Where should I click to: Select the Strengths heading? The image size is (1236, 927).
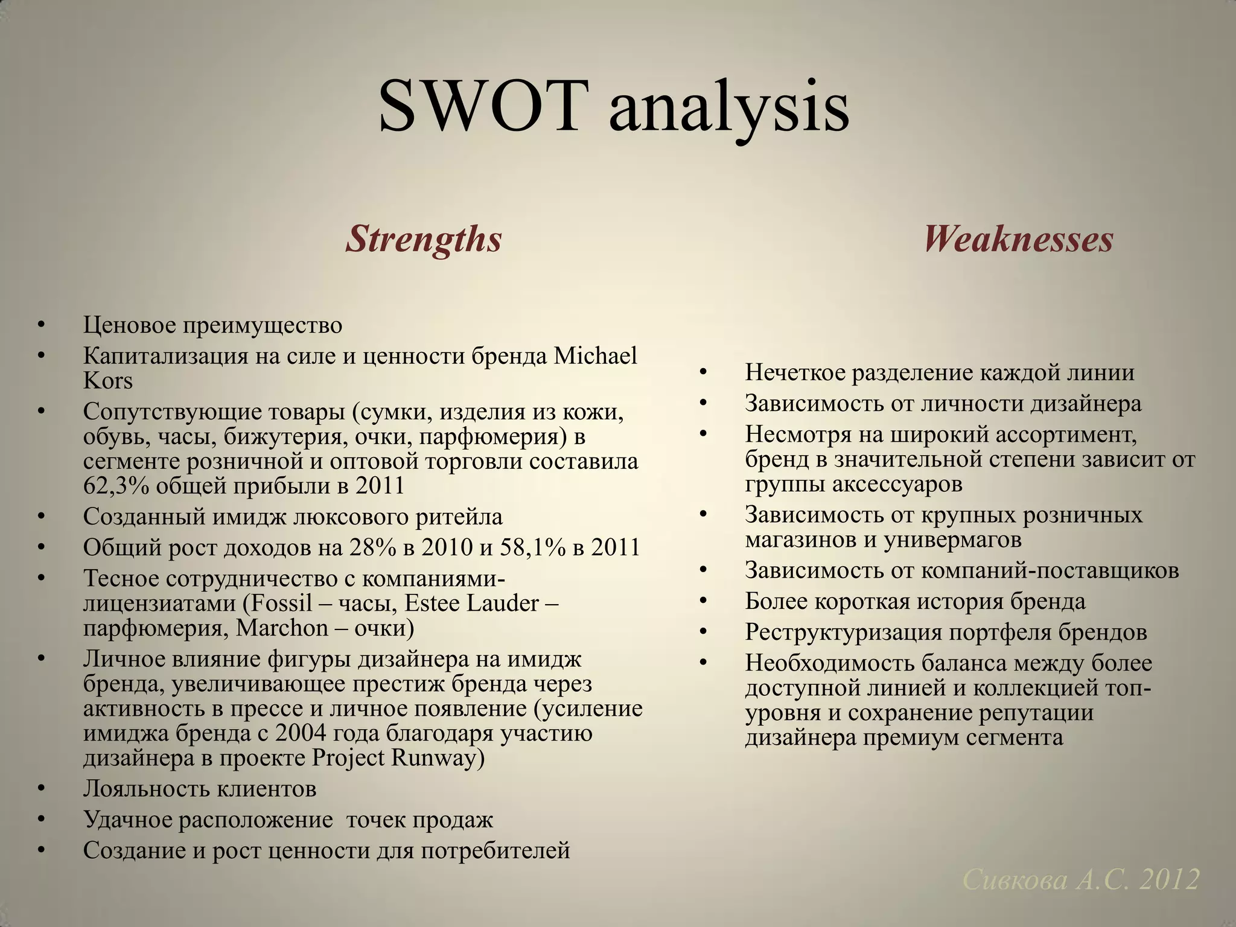424,239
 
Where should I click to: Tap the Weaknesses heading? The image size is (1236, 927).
1018,239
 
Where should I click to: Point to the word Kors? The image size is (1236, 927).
108,381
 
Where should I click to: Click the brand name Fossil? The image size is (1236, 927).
282,603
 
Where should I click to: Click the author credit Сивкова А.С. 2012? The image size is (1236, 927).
1080,880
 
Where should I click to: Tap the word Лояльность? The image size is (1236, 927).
145,789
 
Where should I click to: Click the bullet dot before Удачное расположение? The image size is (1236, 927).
41,820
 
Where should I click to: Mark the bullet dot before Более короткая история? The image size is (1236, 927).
702,601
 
